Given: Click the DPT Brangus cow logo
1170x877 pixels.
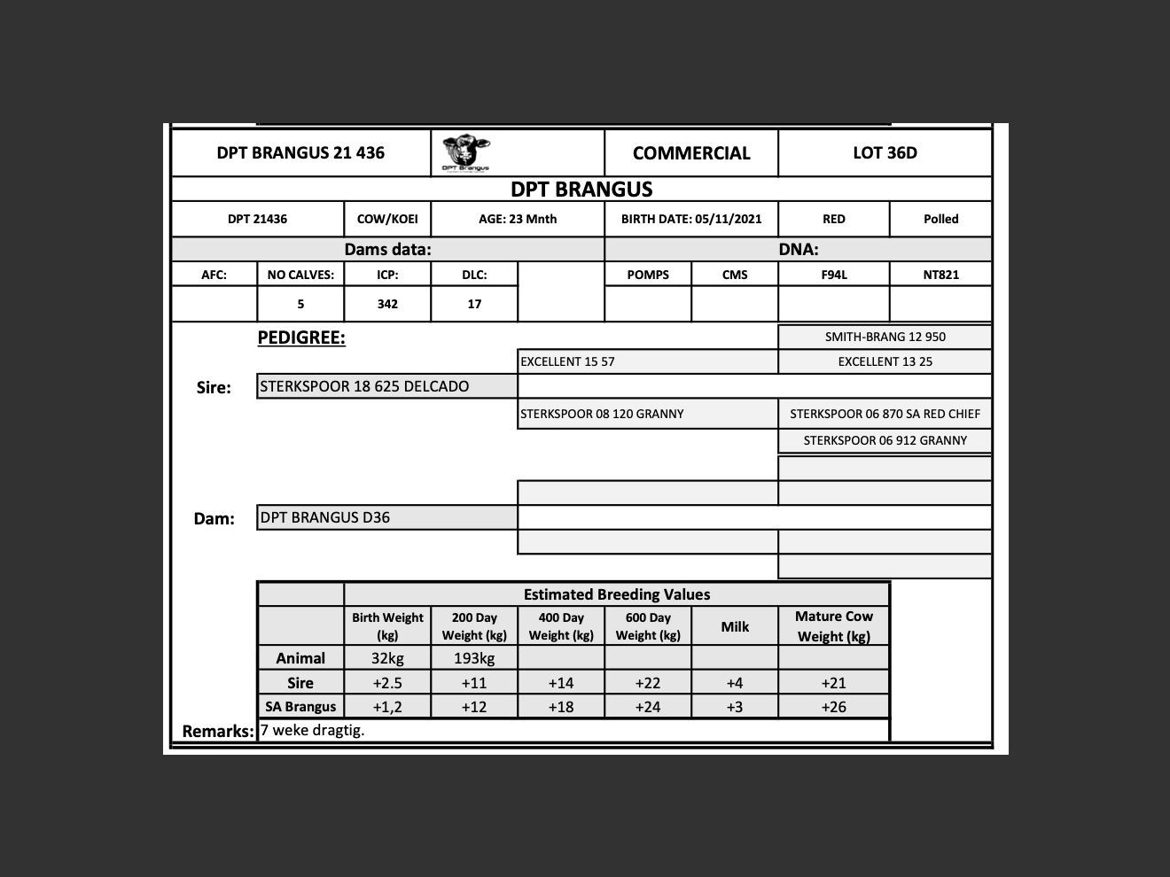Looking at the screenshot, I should pos(465,152).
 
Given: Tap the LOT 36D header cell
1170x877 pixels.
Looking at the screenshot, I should pos(885,152).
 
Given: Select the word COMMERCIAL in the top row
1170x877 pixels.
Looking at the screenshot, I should pos(691,153).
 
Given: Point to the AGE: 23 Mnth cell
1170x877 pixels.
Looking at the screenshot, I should pos(518,219).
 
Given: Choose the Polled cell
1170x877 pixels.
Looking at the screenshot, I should pos(940,219).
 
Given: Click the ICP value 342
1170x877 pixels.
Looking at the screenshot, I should pos(387,304).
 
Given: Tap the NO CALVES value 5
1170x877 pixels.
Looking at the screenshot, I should pos(300,304).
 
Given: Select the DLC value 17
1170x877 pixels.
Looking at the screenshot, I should pos(474,304).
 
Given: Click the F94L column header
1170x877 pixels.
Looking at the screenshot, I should pos(833,275).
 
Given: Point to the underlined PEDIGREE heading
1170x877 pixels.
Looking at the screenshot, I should pos(301,338).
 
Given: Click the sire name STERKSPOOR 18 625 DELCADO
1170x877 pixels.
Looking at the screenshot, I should pos(364,386).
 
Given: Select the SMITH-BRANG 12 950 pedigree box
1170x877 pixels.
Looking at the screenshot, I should pos(885,337).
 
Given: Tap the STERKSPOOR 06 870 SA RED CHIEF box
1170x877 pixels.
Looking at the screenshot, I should pos(885,414).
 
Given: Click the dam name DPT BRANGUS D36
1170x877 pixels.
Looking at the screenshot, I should pos(325,517).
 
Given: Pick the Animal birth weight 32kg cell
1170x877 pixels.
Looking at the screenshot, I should pos(387,658).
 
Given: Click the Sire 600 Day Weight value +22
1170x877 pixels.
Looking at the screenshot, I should pos(648,683).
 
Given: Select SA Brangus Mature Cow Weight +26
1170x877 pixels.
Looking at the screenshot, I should pos(833,707).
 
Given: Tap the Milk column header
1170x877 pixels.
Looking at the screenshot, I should pos(735,626).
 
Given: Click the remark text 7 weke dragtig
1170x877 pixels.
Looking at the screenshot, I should pos(313,730).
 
